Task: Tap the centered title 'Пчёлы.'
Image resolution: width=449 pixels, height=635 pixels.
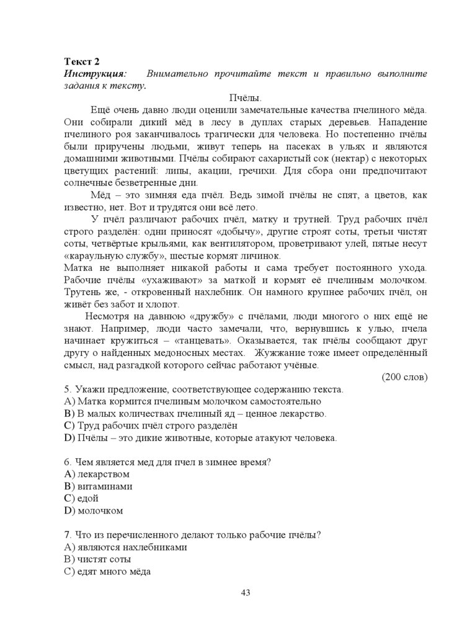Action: (245, 97)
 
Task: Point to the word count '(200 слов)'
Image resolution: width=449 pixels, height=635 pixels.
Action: (405, 377)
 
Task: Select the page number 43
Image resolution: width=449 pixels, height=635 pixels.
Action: (245, 593)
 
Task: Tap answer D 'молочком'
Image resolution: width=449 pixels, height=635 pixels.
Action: (93, 511)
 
